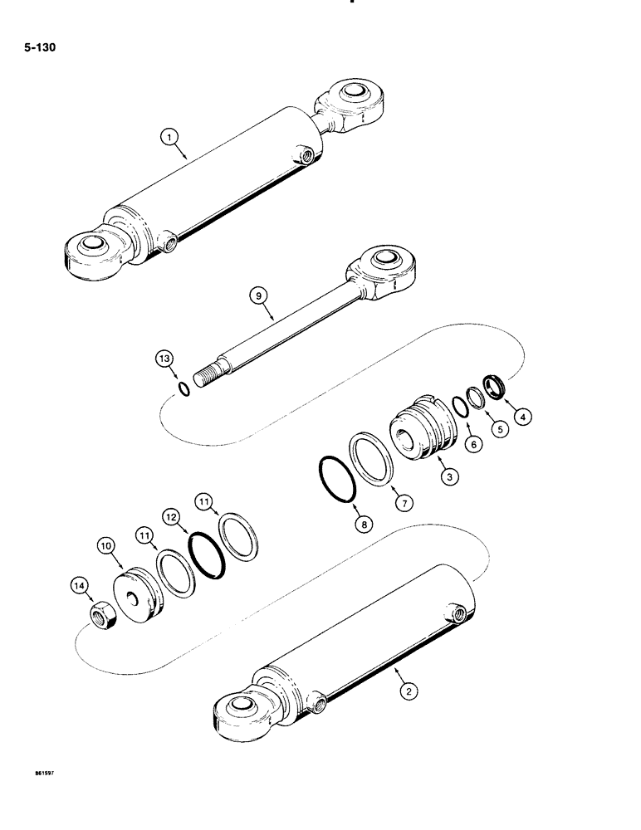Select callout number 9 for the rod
259,295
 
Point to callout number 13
164,359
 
